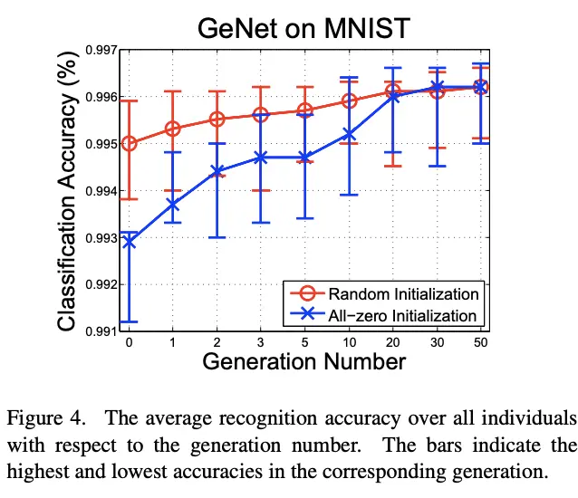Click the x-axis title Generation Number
tap(303, 362)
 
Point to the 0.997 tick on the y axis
tap(100, 50)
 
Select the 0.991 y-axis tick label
tap(100, 331)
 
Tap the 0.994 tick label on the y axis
tap(100, 191)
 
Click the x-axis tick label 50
tap(481, 344)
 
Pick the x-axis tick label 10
tap(349, 344)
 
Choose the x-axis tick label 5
tap(304, 344)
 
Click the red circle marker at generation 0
tap(129, 143)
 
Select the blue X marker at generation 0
tap(129, 242)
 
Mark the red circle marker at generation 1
tap(172, 129)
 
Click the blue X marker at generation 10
tap(349, 134)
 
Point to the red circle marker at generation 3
tap(261, 115)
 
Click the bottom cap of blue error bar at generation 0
tap(129, 321)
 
